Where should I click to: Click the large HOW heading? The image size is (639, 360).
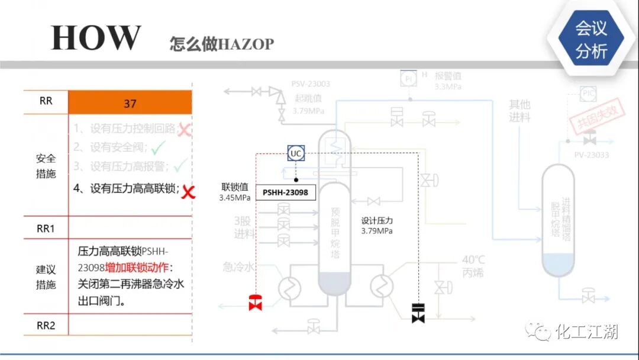point(96,38)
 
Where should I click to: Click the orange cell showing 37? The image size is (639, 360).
point(130,103)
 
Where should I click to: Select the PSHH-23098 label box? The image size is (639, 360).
point(286,192)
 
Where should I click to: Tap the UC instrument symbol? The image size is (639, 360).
point(296,153)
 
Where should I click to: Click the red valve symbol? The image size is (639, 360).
point(256,302)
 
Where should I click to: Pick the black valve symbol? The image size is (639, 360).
point(418,312)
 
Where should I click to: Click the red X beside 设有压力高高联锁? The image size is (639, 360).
point(188,191)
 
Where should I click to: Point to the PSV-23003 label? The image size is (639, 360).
point(311,84)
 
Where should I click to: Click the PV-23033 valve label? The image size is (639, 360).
point(591,155)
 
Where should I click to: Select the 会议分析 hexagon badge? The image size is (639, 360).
point(591,39)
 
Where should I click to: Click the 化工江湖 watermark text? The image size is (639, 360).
point(586,332)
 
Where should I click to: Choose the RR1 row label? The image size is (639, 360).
point(46,229)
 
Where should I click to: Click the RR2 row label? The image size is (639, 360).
point(46,325)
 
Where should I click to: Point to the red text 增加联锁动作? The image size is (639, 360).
point(140,267)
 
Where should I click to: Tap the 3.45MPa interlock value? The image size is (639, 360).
point(234,198)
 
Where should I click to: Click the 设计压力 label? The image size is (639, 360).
point(377,221)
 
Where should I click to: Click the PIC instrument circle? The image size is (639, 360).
point(588,93)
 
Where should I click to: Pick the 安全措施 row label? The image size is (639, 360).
point(46,166)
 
